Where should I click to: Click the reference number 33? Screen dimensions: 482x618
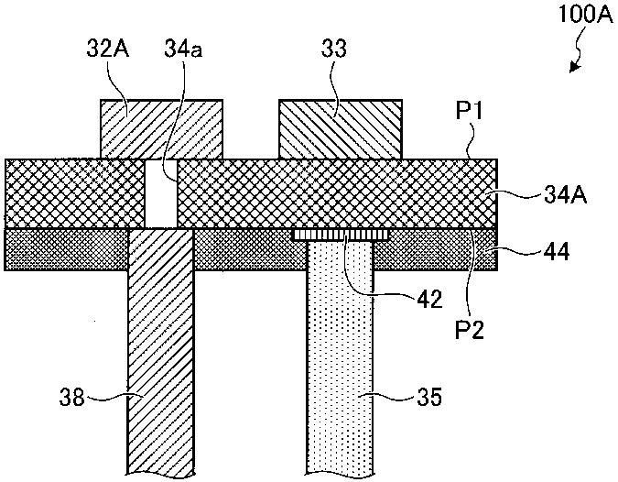[336, 48]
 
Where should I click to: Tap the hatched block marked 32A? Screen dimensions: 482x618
[161, 128]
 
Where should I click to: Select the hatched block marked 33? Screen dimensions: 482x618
[340, 128]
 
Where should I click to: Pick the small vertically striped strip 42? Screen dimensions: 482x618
[341, 236]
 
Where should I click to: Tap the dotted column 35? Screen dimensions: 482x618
[340, 367]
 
